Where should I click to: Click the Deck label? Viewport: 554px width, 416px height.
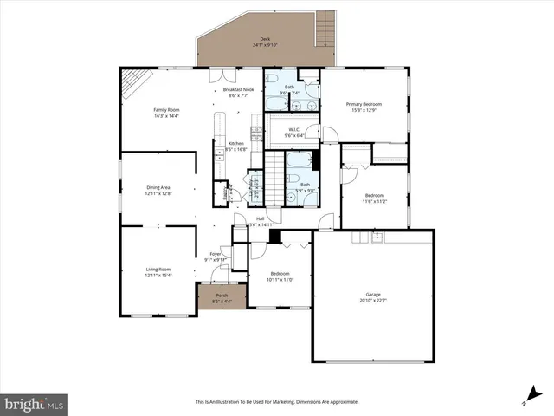[265, 40]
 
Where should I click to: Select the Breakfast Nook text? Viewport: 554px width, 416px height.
[238, 89]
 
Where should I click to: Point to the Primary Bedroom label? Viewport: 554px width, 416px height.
[364, 104]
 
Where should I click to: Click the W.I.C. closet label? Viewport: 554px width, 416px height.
[294, 130]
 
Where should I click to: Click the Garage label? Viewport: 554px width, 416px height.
[373, 295]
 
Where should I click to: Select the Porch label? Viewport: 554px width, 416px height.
[222, 296]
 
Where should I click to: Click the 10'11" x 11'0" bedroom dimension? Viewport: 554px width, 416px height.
[280, 280]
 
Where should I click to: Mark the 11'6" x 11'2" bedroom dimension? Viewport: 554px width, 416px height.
[374, 201]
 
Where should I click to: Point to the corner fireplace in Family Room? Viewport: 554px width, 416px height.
[132, 83]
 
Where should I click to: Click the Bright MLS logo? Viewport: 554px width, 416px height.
[34, 404]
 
